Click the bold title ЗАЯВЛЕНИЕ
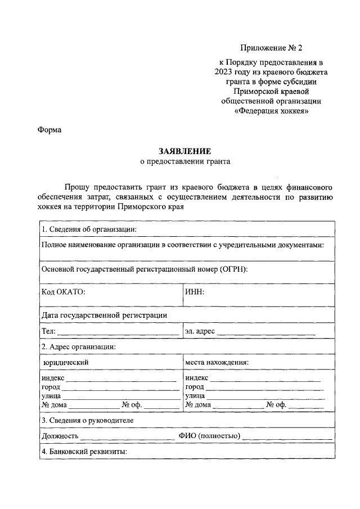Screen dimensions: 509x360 (x=185, y=151)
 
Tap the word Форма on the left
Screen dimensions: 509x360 (x=49, y=130)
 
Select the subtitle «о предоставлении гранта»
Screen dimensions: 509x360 (x=185, y=161)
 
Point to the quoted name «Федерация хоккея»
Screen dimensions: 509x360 (x=271, y=111)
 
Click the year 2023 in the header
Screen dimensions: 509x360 (x=224, y=71)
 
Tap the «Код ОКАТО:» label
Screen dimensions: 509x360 (x=63, y=292)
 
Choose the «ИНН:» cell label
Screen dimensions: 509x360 (x=194, y=292)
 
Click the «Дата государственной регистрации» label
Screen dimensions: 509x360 (x=104, y=315)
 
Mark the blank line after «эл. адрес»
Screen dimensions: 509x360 (x=265, y=333)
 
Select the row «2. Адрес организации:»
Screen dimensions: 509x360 (x=79, y=346)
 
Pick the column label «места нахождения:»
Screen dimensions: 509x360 (x=217, y=362)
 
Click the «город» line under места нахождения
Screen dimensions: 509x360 (x=264, y=388)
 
